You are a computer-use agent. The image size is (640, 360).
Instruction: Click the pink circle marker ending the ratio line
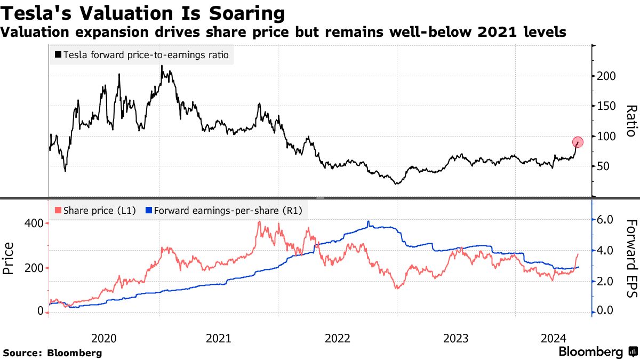click(x=578, y=142)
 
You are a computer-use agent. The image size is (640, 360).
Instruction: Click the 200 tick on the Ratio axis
click(x=607, y=76)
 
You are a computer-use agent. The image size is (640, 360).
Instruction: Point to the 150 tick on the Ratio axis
click(x=607, y=106)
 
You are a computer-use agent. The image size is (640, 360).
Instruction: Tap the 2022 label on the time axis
click(x=338, y=338)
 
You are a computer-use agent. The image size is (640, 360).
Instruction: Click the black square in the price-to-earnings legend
click(x=58, y=55)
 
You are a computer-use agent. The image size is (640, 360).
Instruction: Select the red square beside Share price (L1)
click(x=58, y=211)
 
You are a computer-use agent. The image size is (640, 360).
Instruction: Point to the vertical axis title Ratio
click(x=631, y=121)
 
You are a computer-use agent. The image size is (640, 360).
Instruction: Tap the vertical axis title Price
click(x=9, y=258)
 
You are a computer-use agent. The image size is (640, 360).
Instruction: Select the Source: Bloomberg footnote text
click(x=52, y=353)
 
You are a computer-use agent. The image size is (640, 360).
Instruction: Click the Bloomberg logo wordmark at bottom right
click(x=591, y=352)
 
